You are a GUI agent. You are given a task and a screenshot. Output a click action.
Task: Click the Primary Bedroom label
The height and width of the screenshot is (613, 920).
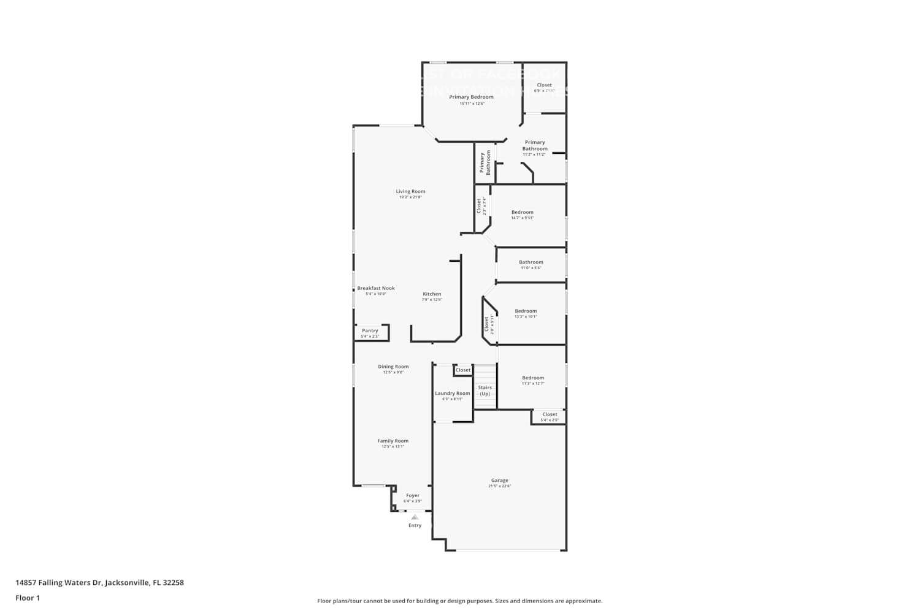coord(471,97)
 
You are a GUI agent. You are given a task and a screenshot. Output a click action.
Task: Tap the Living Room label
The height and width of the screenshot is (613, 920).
coord(410,191)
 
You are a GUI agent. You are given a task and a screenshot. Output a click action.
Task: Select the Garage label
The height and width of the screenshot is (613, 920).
coord(499,481)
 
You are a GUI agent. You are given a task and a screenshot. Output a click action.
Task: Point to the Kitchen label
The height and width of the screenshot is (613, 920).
coord(432,294)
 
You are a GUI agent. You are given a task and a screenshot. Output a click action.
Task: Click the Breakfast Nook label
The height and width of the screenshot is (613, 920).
coord(376,288)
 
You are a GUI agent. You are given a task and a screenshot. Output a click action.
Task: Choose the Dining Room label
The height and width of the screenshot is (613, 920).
coord(393,367)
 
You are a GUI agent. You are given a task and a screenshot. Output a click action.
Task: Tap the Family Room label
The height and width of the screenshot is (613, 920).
coord(393,441)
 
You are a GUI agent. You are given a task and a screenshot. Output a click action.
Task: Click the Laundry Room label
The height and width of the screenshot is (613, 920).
coord(453,394)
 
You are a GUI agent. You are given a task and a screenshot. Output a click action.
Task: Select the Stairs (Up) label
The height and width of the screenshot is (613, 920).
coord(485,390)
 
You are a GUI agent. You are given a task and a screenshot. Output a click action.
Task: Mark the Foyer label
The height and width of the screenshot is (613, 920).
coord(413,496)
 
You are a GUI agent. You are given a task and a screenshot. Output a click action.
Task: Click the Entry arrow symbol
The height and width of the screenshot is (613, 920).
coord(415,517)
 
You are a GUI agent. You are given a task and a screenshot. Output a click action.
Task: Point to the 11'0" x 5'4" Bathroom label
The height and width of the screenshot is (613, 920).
coord(531,262)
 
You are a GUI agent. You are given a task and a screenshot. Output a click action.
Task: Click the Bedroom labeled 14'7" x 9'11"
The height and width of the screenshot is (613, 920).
coord(523,213)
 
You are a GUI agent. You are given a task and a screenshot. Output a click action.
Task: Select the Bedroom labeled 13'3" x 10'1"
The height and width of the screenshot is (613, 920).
coord(526,311)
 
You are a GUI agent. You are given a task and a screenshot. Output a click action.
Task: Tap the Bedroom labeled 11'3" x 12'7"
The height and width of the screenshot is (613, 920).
coord(533,378)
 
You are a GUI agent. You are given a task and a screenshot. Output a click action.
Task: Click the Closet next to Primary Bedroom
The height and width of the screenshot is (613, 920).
coord(544,85)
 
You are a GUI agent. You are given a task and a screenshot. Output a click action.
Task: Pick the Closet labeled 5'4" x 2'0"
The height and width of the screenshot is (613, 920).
coord(550,415)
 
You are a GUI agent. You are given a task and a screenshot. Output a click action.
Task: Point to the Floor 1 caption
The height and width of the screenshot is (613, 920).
coord(28,598)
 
